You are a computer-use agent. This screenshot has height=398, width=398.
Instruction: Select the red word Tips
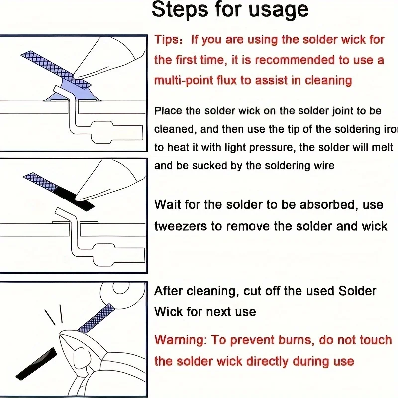[x=166, y=40]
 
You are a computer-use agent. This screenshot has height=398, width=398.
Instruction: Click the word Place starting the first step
[x=168, y=111]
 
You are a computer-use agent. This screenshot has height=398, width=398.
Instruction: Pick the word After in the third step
[x=168, y=291]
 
